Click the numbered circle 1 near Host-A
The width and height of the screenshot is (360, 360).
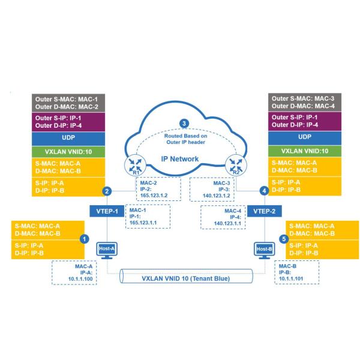pos(85,238)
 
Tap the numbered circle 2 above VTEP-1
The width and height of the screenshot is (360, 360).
pos(107,191)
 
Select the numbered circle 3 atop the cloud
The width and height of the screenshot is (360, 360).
pos(184,124)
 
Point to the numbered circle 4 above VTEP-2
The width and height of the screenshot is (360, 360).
pos(263,191)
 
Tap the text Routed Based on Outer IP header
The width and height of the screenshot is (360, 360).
pos(184,139)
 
